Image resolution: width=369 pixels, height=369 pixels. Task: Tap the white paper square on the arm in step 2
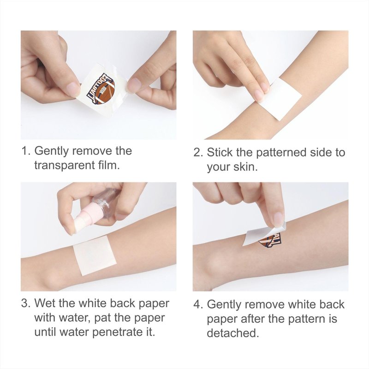280,99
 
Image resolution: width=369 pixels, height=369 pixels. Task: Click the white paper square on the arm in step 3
95,256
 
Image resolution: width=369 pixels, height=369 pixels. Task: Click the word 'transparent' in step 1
64,166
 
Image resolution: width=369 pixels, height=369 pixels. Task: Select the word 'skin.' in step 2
245,167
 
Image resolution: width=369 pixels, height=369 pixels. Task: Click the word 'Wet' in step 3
45,303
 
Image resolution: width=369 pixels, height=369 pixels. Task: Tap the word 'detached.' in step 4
233,333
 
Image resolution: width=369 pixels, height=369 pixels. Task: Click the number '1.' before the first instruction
26,151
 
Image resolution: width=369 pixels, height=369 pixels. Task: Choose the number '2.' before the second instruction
198,153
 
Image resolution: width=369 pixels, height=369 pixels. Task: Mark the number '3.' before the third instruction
26,304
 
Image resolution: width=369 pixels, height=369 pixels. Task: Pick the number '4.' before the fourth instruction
198,304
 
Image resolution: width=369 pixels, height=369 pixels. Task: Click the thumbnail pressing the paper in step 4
279,218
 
